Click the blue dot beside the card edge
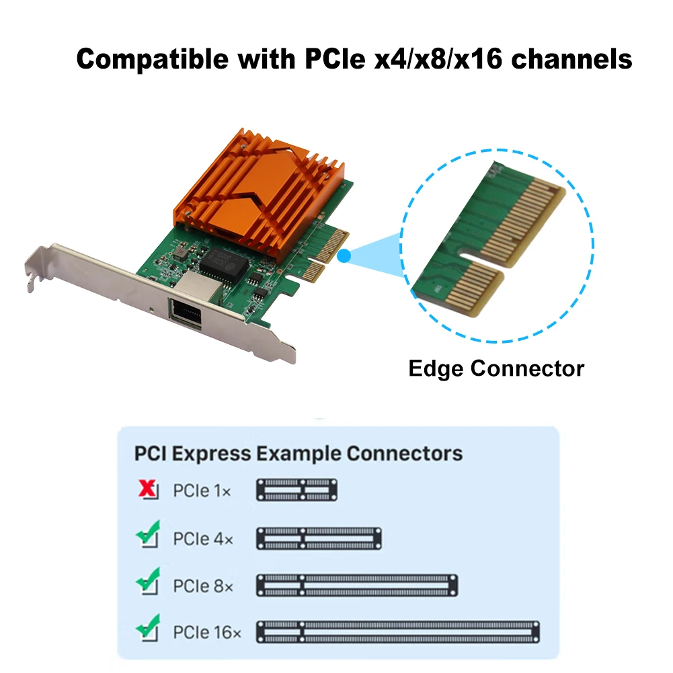344,255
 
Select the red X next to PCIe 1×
147,490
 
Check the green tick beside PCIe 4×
147,536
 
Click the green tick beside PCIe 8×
147,583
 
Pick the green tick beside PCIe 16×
147,630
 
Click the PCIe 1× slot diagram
296,490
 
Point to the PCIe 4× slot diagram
319,538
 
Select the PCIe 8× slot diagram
357,585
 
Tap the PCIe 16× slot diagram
398,632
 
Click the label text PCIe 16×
206,633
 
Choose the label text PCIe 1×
202,491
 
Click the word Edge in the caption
436,368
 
